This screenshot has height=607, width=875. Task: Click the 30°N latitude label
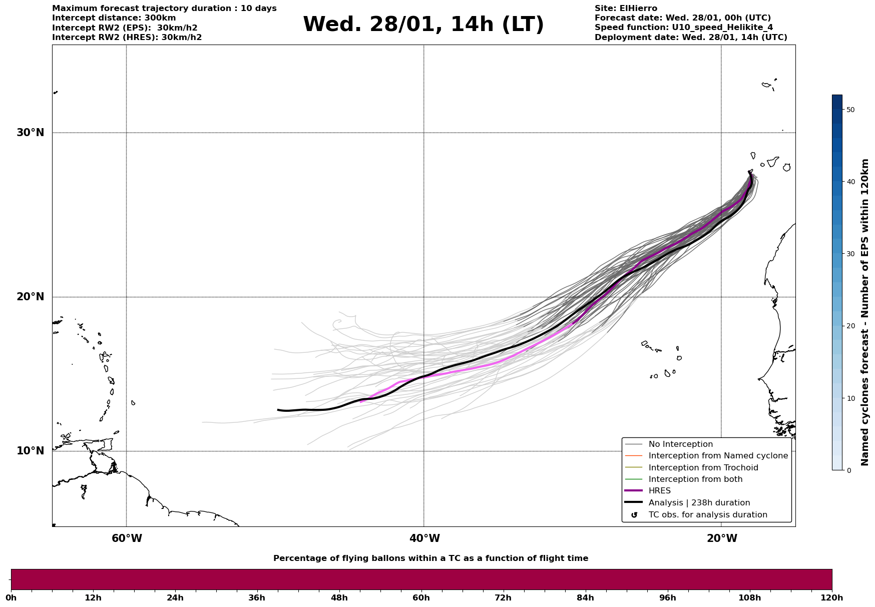coord(30,133)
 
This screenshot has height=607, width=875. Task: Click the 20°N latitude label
coord(30,297)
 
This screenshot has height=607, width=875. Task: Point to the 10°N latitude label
coord(30,451)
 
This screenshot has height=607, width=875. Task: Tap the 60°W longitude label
coord(127,538)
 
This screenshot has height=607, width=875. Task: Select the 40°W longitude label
coord(424,538)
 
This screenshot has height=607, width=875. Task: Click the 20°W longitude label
coord(722,538)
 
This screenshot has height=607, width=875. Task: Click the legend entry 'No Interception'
coord(680,444)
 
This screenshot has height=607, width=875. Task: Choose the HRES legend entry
coord(659,491)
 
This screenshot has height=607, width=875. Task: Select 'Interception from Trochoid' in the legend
coord(703,468)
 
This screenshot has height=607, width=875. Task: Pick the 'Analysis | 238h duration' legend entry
coord(699,503)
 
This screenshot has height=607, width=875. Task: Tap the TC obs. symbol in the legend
coord(634,515)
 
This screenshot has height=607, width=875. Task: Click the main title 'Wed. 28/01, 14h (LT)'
coord(423,25)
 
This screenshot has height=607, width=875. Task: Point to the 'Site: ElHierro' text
coord(626,9)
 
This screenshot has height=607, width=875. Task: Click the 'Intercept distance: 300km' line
coord(114,18)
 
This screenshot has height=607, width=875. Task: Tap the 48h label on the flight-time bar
coord(339,598)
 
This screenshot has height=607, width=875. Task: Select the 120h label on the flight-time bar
coord(831,598)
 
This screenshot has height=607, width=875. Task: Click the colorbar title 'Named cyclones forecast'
coord(865,312)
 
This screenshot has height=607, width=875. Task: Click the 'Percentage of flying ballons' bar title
coord(430,558)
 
